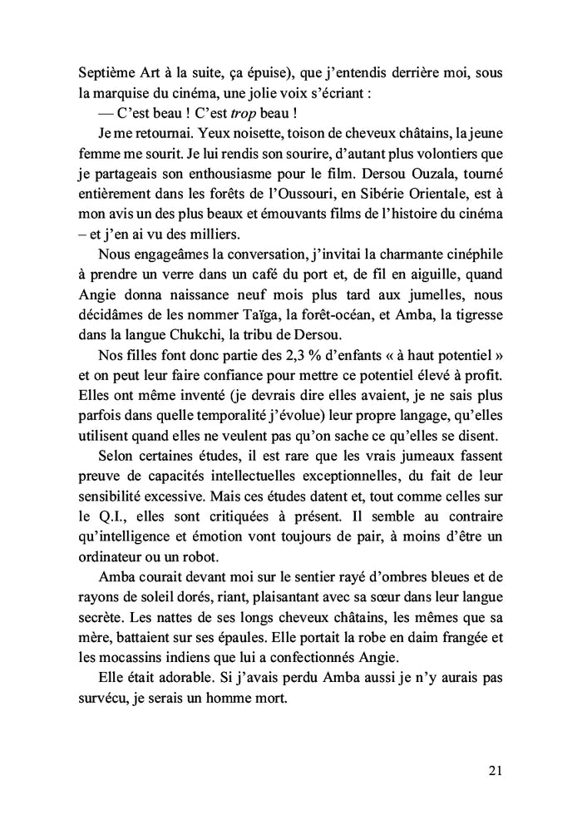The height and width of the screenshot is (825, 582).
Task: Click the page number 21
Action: pos(495,771)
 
